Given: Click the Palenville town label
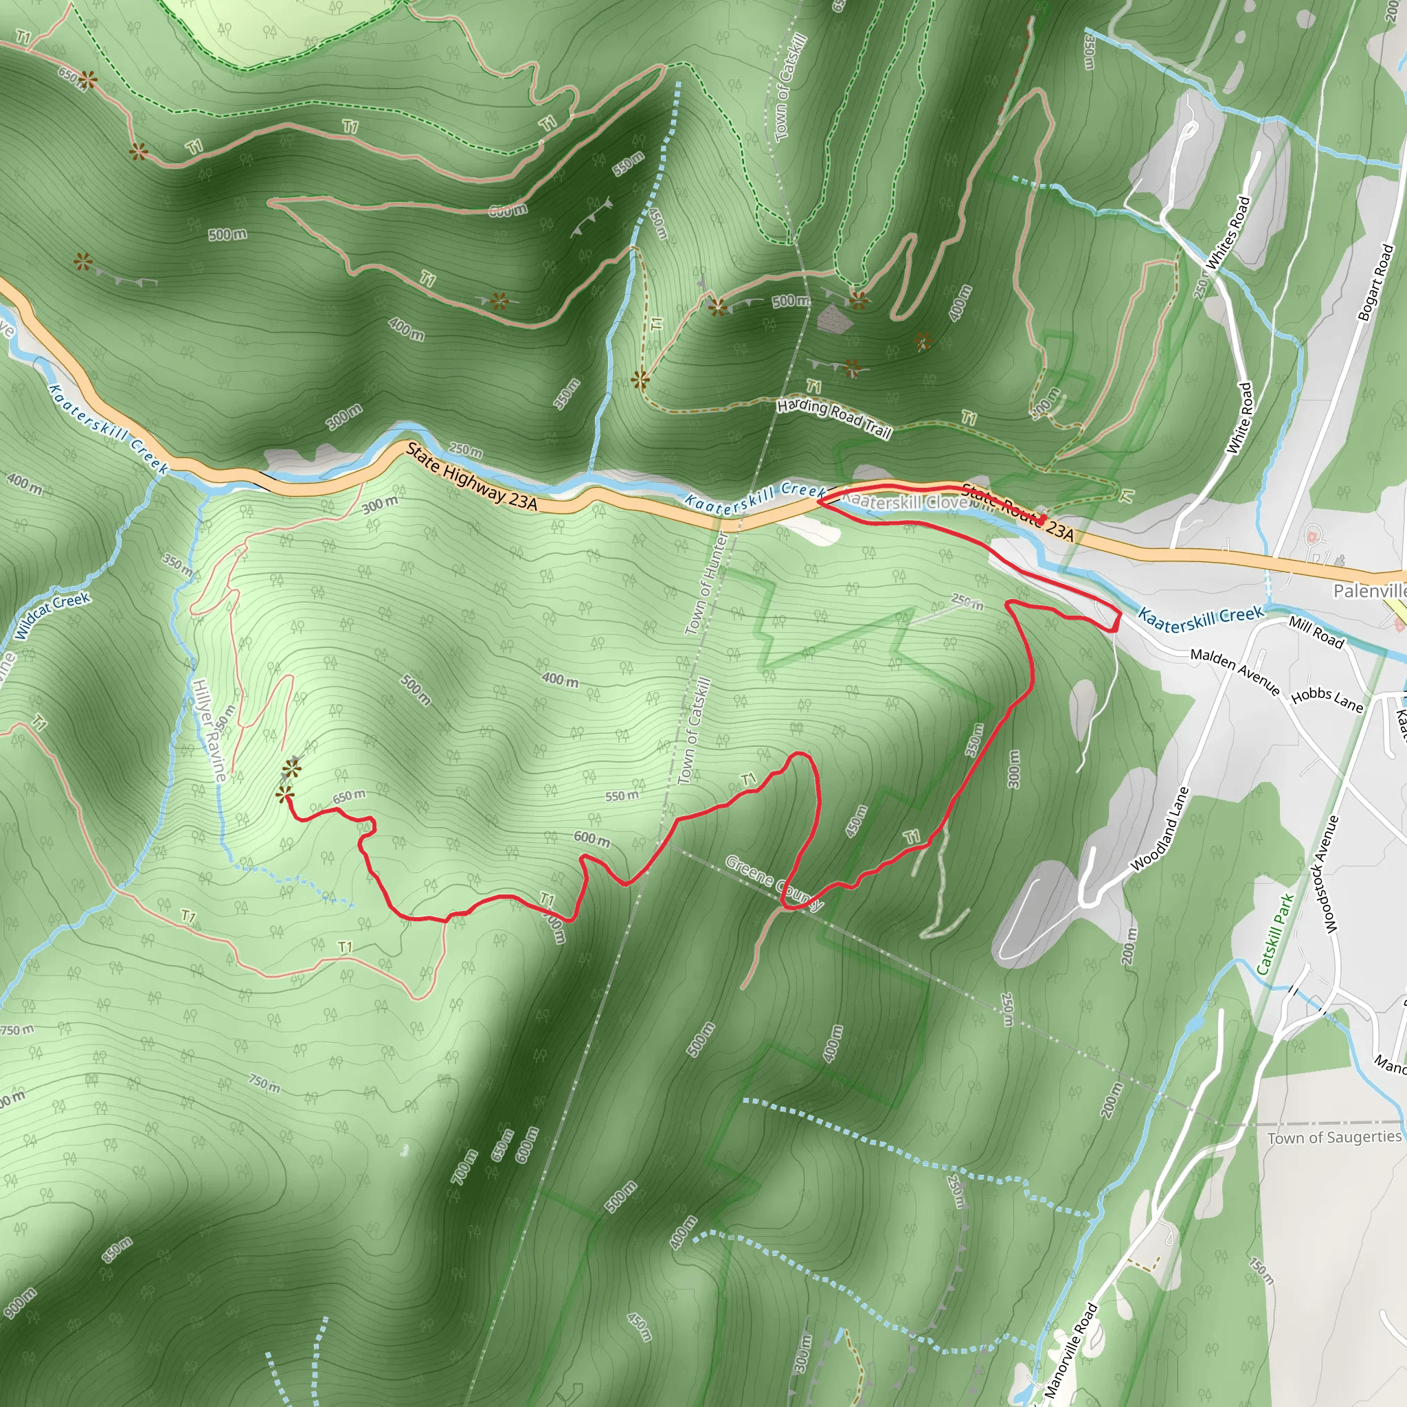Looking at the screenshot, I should click(1369, 591).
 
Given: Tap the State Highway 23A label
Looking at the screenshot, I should click(471, 477).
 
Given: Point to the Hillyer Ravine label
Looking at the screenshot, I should click(209, 730).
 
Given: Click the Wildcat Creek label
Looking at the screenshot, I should click(52, 616).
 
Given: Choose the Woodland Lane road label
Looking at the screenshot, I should click(1160, 829).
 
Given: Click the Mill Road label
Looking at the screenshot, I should click(1316, 631).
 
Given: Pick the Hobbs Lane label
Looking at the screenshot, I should click(1327, 700).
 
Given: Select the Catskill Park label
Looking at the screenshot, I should click(1275, 934).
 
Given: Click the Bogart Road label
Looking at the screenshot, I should click(1375, 282).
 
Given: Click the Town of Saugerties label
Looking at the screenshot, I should click(1334, 1138).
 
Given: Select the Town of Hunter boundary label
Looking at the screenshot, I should click(706, 583).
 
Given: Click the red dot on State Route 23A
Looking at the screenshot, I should click(1042, 519).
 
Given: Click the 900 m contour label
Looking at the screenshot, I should click(20, 1303).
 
